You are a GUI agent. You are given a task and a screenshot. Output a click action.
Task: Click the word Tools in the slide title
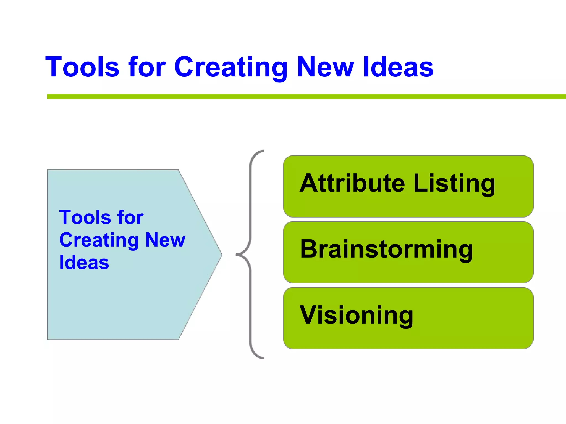82,67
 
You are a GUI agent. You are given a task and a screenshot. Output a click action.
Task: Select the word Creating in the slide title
231,67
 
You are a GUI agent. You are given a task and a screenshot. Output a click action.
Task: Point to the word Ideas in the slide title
398,67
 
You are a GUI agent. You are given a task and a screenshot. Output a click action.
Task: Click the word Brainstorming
386,250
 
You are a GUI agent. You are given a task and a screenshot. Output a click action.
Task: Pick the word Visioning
357,315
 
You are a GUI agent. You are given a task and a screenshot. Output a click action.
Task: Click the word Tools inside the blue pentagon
85,217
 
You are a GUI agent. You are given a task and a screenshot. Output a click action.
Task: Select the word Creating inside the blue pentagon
99,240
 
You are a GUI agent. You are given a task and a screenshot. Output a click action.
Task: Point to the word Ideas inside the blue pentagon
84,262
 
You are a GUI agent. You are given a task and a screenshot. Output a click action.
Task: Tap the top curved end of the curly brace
260,152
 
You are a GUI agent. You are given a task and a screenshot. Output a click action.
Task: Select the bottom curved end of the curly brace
260,357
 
